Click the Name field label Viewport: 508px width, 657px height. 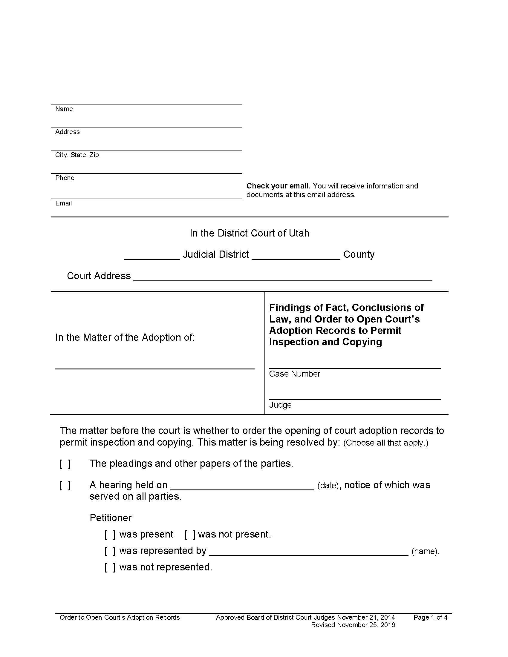point(64,109)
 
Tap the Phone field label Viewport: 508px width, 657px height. point(65,178)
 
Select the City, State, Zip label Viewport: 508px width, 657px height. point(77,155)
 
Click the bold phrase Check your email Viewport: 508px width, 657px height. point(278,186)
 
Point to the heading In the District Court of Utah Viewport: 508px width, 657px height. point(250,233)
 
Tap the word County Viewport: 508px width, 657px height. point(359,254)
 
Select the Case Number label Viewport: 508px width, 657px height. point(294,374)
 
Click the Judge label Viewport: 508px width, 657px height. point(280,405)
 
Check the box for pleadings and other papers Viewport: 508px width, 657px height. point(65,464)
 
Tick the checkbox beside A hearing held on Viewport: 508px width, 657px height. point(65,485)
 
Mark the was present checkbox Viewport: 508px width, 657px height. point(110,535)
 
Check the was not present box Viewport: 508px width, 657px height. point(190,535)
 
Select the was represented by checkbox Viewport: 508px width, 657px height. point(110,551)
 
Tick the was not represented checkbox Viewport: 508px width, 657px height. point(110,567)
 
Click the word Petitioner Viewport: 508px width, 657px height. point(111,518)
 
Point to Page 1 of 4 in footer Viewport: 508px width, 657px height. point(430,618)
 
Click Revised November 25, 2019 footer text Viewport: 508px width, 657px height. point(353,625)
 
